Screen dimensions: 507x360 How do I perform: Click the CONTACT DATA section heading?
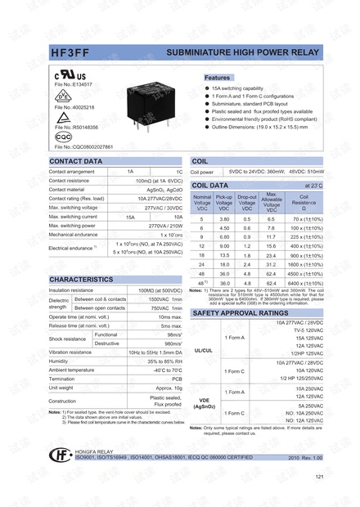click(x=77, y=161)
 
